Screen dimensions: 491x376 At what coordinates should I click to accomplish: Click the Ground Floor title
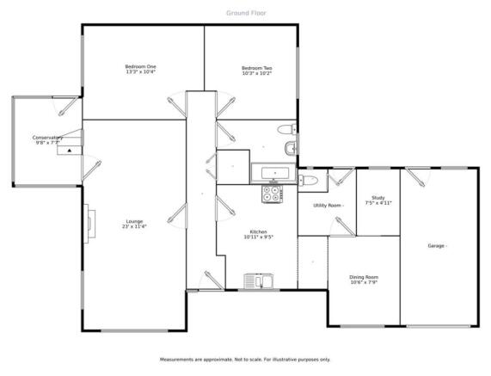pyautogui.click(x=246, y=13)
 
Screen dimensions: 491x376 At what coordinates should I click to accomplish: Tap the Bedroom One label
pyautogui.click(x=141, y=67)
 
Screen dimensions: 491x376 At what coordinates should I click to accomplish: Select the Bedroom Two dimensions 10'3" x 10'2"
pyautogui.click(x=257, y=73)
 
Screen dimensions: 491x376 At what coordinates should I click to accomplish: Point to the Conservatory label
pyautogui.click(x=47, y=138)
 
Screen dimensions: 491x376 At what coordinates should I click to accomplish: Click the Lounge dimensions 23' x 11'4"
pyautogui.click(x=134, y=226)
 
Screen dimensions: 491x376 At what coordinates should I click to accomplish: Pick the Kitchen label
pyautogui.click(x=259, y=231)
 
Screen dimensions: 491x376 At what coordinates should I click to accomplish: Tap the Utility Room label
pyautogui.click(x=328, y=206)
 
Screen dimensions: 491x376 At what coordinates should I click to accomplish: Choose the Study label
pyautogui.click(x=378, y=198)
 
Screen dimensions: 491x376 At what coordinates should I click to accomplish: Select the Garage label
pyautogui.click(x=436, y=246)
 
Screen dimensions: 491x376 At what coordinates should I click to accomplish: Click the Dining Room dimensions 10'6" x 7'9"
pyautogui.click(x=364, y=282)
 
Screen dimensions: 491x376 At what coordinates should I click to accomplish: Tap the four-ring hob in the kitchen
pyautogui.click(x=272, y=194)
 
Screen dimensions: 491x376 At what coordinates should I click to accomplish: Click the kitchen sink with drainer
pyautogui.click(x=259, y=281)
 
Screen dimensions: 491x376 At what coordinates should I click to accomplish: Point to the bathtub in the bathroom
pyautogui.click(x=273, y=173)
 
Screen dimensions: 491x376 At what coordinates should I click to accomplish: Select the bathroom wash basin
pyautogui.click(x=292, y=148)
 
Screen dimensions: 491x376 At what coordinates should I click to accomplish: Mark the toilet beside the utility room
pyautogui.click(x=309, y=180)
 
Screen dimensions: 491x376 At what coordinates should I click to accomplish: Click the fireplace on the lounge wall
pyautogui.click(x=89, y=224)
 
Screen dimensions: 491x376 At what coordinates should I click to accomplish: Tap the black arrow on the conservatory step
pyautogui.click(x=70, y=151)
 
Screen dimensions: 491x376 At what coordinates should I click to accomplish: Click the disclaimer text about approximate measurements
pyautogui.click(x=245, y=360)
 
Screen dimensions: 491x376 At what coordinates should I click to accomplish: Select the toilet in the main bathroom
pyautogui.click(x=287, y=129)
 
